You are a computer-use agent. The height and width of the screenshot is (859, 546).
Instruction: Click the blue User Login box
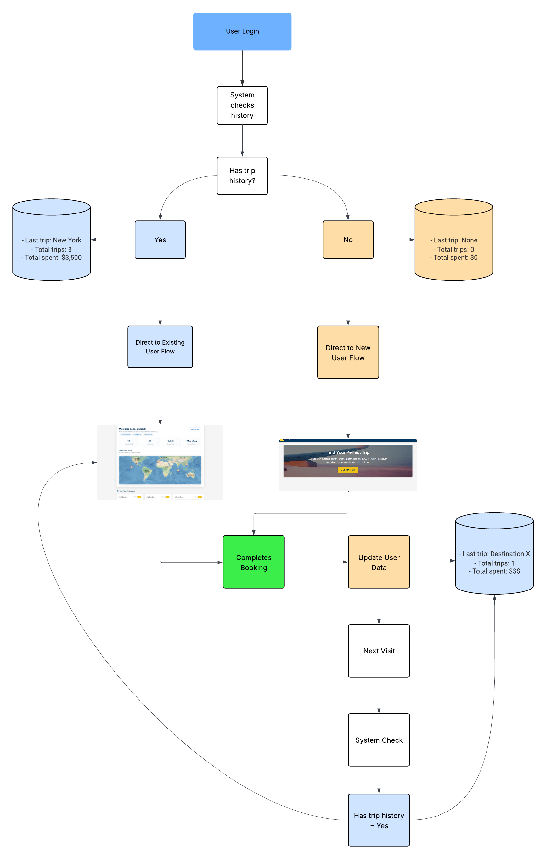[242, 31]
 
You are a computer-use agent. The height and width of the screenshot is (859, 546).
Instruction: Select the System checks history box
[242, 105]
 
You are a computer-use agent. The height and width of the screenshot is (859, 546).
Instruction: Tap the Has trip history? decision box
[242, 175]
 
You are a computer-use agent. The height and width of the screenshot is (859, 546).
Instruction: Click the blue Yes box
[160, 240]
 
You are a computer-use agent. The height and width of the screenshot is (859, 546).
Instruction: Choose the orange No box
[348, 240]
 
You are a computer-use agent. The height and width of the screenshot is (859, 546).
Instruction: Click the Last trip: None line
[453, 240]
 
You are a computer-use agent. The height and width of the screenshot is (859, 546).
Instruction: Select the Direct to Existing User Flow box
[160, 347]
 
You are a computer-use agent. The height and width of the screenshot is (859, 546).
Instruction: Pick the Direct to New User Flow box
[348, 352]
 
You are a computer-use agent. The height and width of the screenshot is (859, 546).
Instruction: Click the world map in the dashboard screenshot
[160, 469]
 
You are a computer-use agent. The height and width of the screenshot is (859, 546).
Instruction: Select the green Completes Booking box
[254, 562]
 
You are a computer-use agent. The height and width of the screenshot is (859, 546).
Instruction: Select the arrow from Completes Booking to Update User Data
[316, 562]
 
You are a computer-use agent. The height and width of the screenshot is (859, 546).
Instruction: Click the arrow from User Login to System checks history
[242, 68]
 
